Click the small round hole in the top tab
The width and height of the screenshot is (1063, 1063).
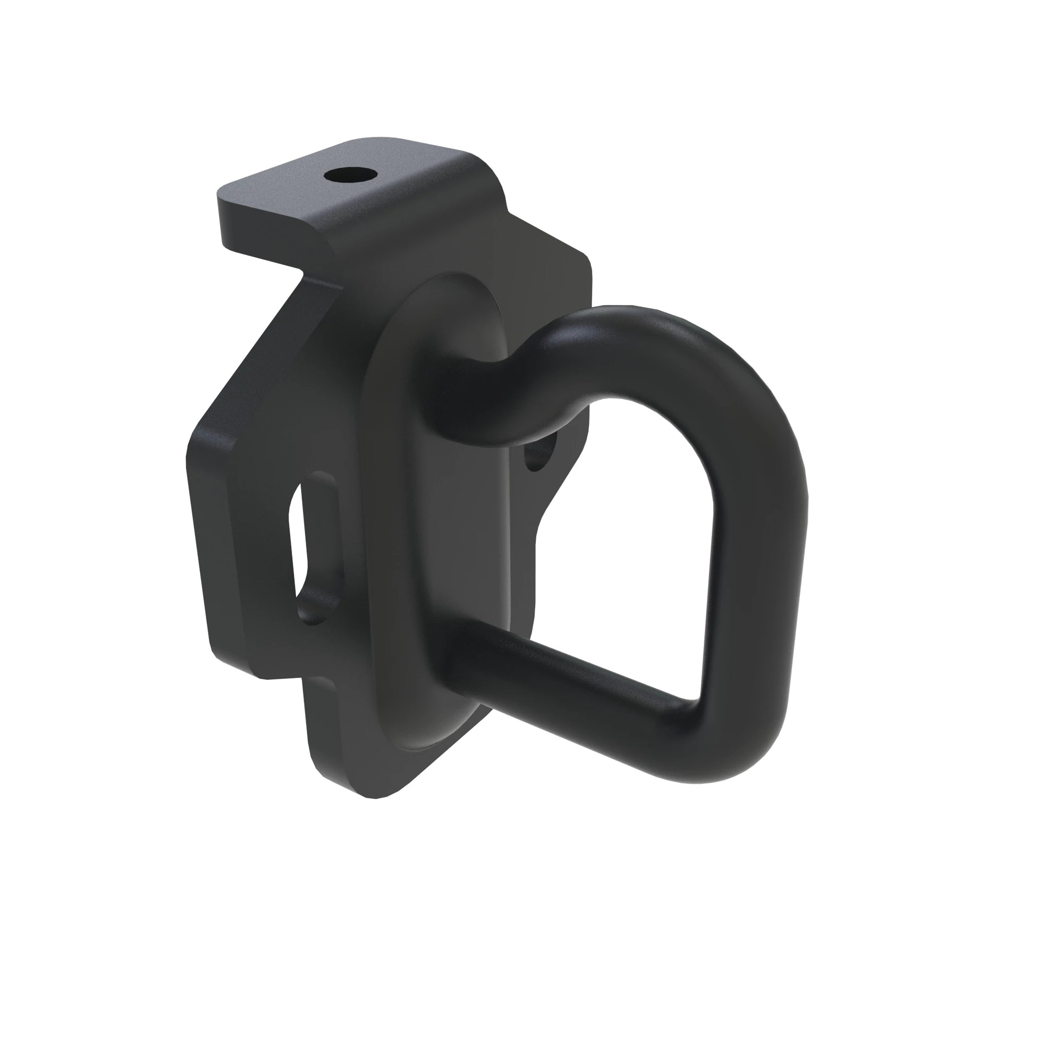pyautogui.click(x=350, y=176)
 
